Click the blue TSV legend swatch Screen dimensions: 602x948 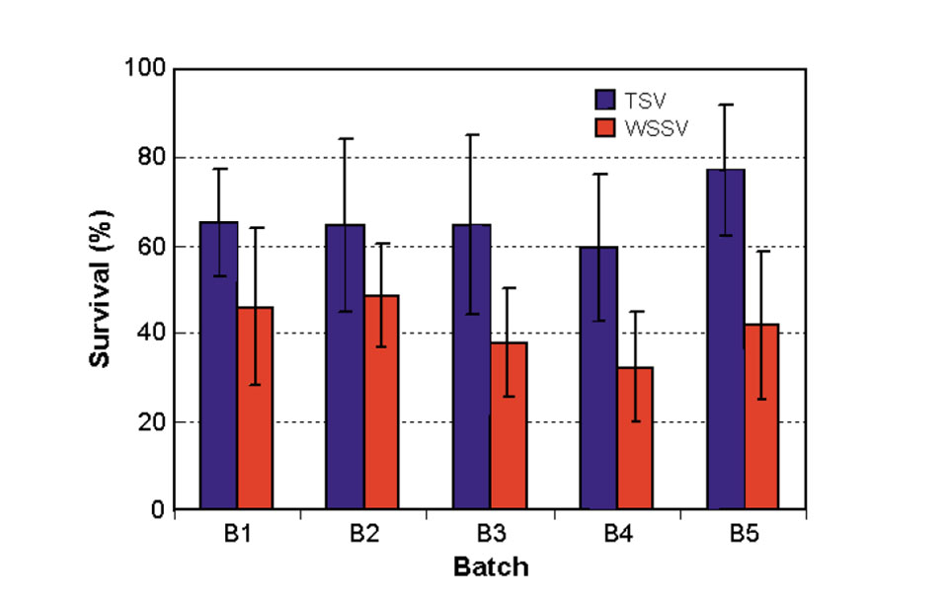click(604, 99)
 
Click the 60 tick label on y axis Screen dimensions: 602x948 click(151, 246)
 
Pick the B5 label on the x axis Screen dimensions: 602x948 click(744, 536)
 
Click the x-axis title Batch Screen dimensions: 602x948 click(491, 566)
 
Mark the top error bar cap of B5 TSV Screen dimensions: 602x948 click(726, 105)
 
